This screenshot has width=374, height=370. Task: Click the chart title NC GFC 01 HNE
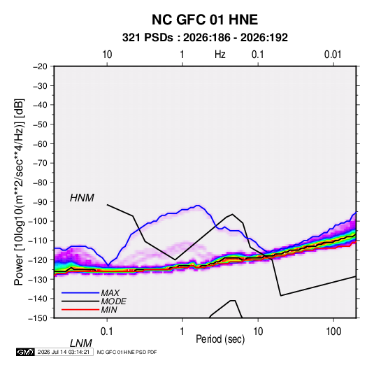click(205, 20)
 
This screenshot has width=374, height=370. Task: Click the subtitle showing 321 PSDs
click(205, 38)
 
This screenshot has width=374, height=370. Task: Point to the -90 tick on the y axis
click(41, 202)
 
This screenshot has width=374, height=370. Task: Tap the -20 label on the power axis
click(40, 66)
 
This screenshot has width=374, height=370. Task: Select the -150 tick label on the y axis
click(38, 318)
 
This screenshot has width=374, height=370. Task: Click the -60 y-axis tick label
click(41, 143)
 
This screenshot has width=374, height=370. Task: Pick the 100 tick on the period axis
click(333, 332)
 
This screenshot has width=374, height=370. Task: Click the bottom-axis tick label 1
click(182, 332)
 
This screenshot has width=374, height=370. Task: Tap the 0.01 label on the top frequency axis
click(333, 55)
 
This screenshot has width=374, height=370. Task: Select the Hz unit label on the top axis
click(220, 55)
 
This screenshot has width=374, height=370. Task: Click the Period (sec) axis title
click(220, 339)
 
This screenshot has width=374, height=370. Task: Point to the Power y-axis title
click(19, 192)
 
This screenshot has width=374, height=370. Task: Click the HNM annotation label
click(82, 198)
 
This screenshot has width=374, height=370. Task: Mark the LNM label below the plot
click(81, 343)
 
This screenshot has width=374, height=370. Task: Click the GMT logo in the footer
click(25, 352)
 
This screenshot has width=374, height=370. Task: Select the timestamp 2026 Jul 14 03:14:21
click(64, 352)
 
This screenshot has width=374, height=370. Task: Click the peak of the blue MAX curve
click(198, 206)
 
